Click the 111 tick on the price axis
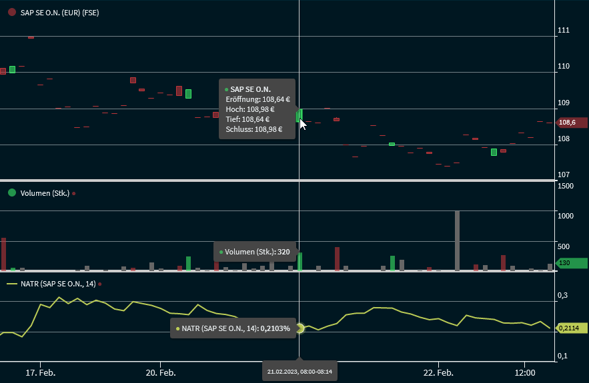click(564, 30)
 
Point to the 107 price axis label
click(564, 175)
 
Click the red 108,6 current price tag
click(572, 123)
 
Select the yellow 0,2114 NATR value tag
click(571, 328)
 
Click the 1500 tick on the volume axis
click(566, 186)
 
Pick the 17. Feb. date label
click(41, 372)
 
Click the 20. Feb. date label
click(161, 372)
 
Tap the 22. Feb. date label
click(439, 372)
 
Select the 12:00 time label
click(526, 372)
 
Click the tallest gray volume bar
click(457, 240)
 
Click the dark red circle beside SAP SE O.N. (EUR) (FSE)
click(11, 12)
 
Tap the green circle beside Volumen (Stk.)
click(11, 193)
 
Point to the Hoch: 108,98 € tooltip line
click(250, 109)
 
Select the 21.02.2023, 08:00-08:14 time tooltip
click(300, 371)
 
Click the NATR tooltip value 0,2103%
click(275, 328)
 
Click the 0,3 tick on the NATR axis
click(563, 294)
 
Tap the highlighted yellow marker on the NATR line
click(300, 328)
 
